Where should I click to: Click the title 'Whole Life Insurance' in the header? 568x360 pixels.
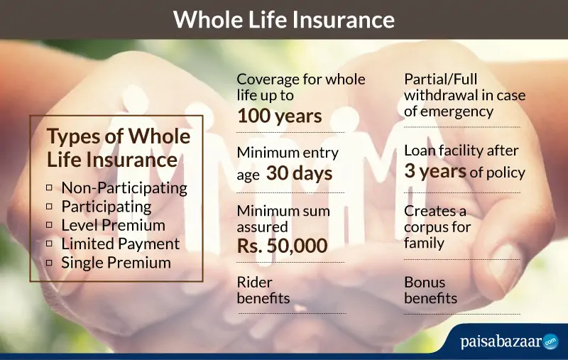[283, 19]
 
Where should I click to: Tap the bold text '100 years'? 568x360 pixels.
[280, 116]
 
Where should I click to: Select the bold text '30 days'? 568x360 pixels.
[299, 173]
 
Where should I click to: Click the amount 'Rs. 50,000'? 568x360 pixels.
[282, 246]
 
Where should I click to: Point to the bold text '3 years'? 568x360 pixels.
[435, 170]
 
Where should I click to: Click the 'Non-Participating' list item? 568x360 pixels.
[124, 188]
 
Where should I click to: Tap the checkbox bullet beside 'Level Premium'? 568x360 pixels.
[49, 225]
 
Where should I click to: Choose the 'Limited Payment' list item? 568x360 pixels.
[120, 244]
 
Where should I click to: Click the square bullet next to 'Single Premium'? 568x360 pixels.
[49, 262]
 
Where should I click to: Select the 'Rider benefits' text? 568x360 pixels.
[263, 290]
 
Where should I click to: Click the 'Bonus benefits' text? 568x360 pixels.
[431, 290]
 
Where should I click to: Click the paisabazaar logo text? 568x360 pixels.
[501, 341]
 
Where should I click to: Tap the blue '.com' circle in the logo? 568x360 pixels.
[551, 341]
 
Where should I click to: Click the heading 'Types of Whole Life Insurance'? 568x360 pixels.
[119, 148]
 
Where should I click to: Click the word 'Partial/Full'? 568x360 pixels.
[440, 80]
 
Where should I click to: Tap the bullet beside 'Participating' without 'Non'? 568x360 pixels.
[49, 207]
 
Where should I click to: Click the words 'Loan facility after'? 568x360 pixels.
[461, 151]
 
